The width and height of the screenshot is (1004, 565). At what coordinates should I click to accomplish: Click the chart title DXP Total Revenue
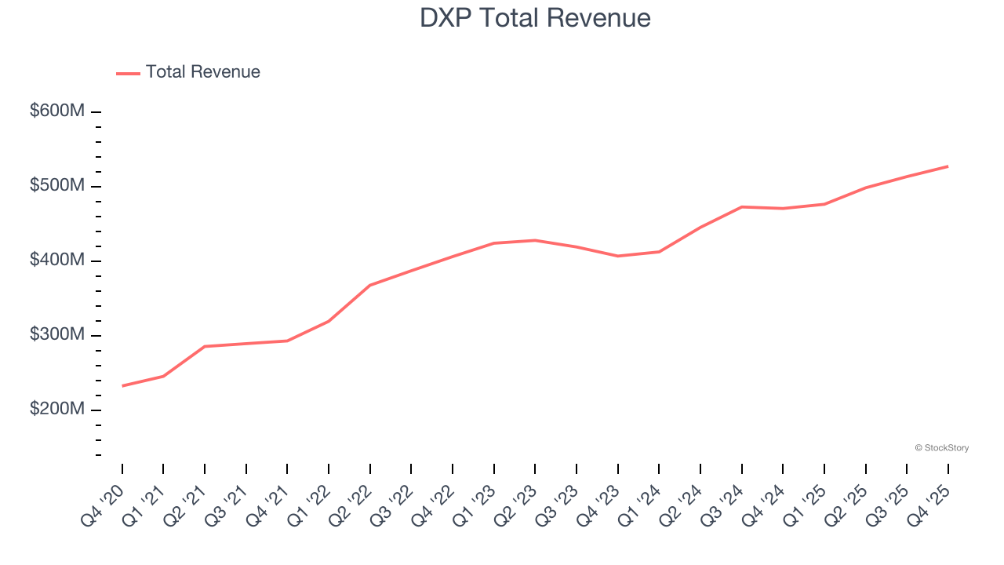click(x=535, y=17)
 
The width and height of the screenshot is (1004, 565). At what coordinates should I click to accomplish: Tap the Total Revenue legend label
click(x=202, y=72)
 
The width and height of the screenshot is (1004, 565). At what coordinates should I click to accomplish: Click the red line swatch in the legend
click(x=128, y=73)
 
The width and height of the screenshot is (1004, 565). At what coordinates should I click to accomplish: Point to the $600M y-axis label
click(x=56, y=111)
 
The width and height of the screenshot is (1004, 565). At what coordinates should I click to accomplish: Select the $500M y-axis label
click(x=56, y=186)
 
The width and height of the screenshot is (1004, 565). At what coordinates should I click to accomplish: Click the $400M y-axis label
click(x=56, y=261)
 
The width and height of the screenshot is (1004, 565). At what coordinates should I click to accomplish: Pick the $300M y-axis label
click(x=56, y=335)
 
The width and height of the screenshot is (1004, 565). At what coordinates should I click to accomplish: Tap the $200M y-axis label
click(x=56, y=410)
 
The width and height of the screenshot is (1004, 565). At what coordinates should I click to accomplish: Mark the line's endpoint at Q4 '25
click(x=948, y=166)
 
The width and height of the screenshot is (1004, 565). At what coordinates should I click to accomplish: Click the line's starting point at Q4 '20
click(x=122, y=386)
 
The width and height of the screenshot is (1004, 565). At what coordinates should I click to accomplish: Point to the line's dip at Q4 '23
click(x=617, y=256)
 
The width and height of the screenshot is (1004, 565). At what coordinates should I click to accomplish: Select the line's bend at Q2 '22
click(x=369, y=285)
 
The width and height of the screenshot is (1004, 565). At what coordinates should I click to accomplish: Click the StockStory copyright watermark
click(x=941, y=448)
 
